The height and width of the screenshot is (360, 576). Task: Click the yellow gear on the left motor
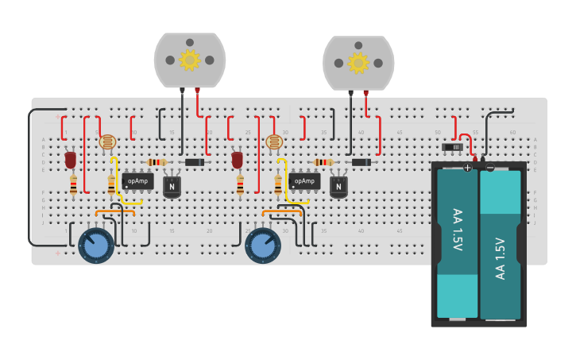189,60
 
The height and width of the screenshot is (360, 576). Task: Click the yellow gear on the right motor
358,62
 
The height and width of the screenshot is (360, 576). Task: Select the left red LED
71,161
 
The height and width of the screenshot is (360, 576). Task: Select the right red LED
237,161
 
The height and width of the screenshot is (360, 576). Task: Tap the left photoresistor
107,142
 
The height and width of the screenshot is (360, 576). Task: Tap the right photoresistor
274,142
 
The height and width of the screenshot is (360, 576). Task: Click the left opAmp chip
137,181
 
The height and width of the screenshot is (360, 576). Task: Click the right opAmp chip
304,181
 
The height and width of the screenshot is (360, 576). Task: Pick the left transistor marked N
172,187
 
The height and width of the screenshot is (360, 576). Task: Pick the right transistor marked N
339,187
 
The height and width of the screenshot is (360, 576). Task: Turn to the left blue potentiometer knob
96,246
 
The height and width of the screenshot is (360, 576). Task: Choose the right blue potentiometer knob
262,246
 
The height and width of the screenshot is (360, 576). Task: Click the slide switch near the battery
451,147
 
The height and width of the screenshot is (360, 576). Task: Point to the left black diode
193,162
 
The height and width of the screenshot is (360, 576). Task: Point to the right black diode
361,162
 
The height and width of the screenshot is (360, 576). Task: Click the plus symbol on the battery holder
468,167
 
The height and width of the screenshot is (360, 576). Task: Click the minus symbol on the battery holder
490,167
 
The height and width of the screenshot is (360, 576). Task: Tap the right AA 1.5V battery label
501,258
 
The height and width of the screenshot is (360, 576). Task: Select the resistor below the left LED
74,186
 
